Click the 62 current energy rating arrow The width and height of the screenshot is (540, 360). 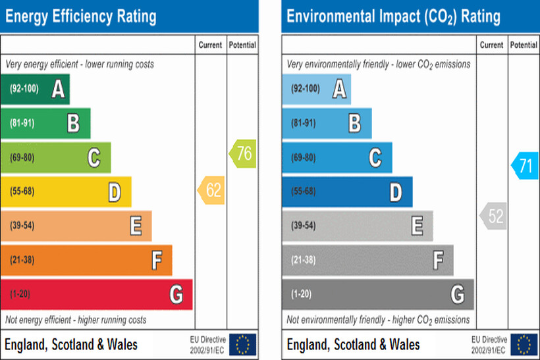point(211,191)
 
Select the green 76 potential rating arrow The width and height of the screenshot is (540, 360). point(242,154)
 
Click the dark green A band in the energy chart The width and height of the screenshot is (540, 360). point(35,89)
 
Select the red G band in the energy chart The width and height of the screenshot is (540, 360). point(96,294)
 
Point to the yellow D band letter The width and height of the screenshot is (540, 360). point(115,192)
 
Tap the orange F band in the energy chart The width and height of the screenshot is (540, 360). point(86,260)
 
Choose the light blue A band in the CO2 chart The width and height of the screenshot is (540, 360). point(316,89)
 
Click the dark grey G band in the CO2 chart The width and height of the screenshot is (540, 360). point(377,294)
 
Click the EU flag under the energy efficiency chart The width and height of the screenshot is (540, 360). point(242,344)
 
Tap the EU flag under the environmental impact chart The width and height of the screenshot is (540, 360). point(524,344)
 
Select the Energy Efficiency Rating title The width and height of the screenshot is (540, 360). point(81,16)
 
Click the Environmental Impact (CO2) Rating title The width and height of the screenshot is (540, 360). point(393,16)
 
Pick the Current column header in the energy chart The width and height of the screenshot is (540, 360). point(211,45)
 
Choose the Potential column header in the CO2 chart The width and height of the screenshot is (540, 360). point(524,45)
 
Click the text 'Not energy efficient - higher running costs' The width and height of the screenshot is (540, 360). point(76,320)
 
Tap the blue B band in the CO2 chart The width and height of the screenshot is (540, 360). point(327,123)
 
